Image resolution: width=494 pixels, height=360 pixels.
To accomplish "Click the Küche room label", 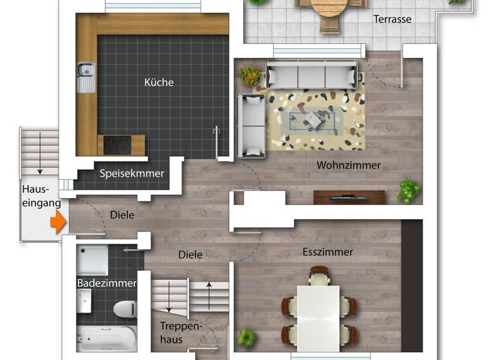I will tap(159, 82).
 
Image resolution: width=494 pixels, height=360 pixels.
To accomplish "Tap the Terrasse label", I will tap(392, 19).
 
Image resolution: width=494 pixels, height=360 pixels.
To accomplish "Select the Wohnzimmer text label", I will tap(349, 165).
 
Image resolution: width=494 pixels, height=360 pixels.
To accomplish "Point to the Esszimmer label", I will tap(328, 252).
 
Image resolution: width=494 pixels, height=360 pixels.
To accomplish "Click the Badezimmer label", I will tap(107, 283).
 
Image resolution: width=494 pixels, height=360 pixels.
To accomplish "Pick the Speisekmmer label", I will tap(132, 174).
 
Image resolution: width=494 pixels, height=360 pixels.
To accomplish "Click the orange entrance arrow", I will tap(58, 222).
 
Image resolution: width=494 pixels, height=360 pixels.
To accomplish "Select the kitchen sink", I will tap(86, 76).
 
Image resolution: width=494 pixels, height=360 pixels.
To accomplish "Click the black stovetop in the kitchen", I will tap(116, 144).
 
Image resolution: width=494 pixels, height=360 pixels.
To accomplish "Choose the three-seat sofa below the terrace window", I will tap(313, 75).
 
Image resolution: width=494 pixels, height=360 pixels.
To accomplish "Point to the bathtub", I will tap(106, 337).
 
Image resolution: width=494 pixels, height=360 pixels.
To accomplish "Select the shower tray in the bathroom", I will tap(92, 260).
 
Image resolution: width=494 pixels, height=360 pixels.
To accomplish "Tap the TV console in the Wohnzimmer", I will tap(349, 197).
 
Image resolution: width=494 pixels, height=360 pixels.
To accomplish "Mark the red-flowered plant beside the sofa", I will tap(250, 75).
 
